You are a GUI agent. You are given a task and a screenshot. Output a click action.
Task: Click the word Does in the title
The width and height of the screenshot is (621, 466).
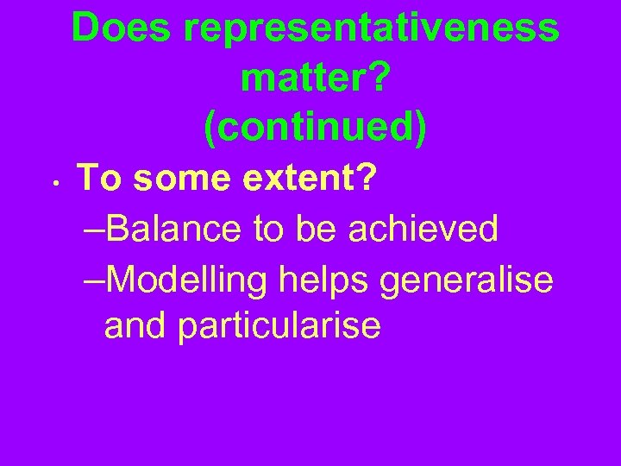pyautogui.click(x=122, y=28)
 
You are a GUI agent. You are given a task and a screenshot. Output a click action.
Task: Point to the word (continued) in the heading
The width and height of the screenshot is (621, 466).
pyautogui.click(x=316, y=128)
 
